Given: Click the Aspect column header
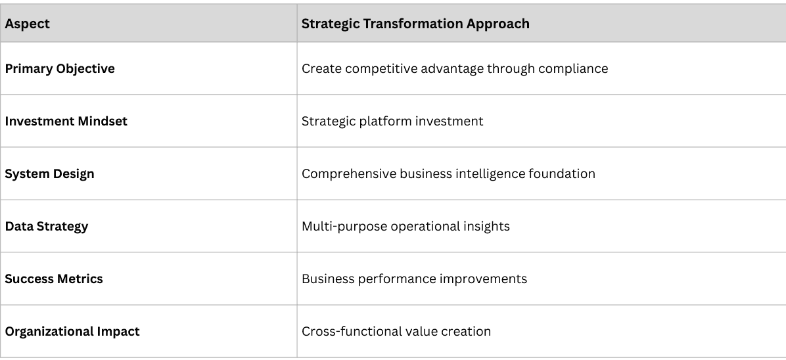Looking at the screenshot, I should (x=28, y=24).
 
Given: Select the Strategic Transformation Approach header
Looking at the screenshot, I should (x=415, y=24).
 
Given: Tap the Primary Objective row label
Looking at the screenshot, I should (x=60, y=69).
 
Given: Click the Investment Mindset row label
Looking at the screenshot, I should (x=66, y=122).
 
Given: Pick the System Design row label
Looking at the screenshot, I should (x=50, y=174).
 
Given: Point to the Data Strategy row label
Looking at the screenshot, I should (x=47, y=227).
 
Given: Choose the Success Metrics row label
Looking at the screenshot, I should (x=54, y=279).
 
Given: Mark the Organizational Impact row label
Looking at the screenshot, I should (x=72, y=332).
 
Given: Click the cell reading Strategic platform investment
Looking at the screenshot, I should (x=392, y=122).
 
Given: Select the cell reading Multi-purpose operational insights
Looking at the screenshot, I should (x=405, y=227).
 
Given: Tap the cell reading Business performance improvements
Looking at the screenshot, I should (x=414, y=279).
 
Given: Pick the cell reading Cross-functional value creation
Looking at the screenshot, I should (x=396, y=332).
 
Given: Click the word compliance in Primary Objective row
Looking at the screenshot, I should (x=574, y=69).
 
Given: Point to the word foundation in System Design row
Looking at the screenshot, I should (x=563, y=174).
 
